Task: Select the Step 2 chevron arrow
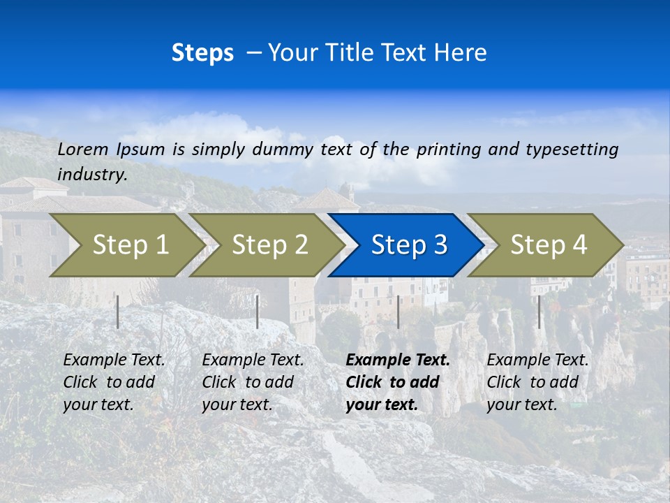tap(269, 245)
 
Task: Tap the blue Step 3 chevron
tap(408, 245)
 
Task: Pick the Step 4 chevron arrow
tap(548, 245)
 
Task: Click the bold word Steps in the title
tap(202, 53)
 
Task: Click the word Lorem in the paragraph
tap(83, 149)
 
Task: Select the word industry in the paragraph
tap(91, 175)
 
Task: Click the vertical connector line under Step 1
tap(118, 312)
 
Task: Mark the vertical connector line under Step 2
tap(258, 312)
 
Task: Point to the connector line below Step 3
tap(398, 312)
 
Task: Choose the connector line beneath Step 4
tap(539, 312)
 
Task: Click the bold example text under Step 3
tap(396, 382)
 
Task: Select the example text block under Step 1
tap(113, 382)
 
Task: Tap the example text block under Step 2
tap(252, 382)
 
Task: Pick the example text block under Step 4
tap(537, 382)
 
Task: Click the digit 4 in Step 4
tap(579, 245)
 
